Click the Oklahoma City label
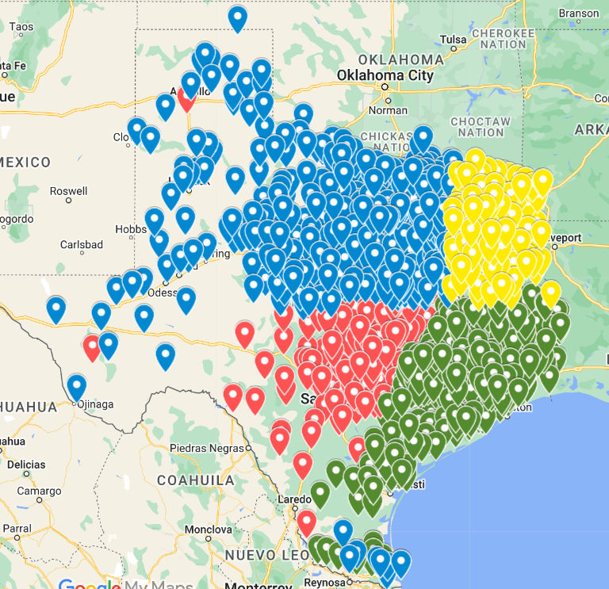[385, 76]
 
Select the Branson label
[579, 13]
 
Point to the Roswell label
[68, 191]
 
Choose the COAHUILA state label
[195, 480]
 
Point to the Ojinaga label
[94, 404]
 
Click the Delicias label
[26, 464]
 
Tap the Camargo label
[40, 491]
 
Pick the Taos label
[21, 27]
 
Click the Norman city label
[389, 110]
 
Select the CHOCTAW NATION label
[481, 127]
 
